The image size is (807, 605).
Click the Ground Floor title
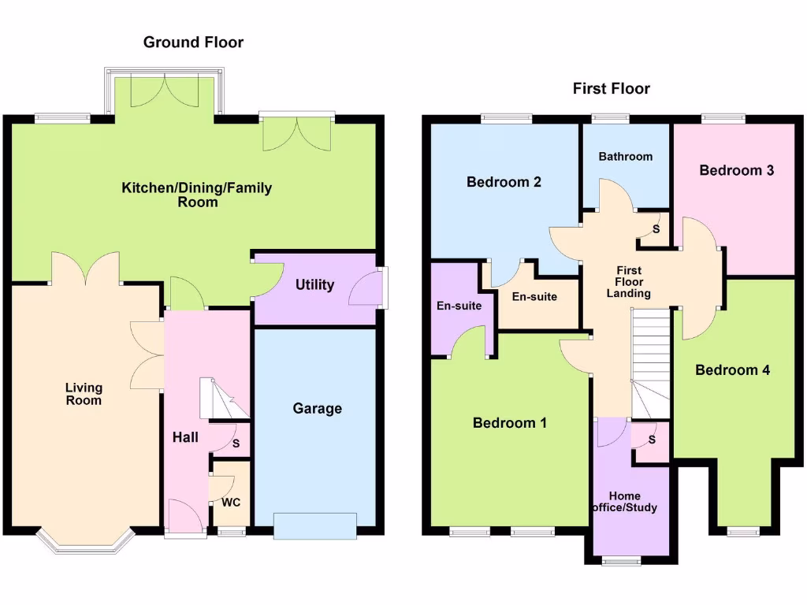click(x=193, y=43)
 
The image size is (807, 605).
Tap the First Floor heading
click(x=611, y=88)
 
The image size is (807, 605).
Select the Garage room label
click(x=317, y=408)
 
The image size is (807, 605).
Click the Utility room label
click(x=314, y=284)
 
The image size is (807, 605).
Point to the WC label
click(x=231, y=502)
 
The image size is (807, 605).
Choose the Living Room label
click(x=84, y=394)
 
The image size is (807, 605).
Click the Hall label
click(x=186, y=437)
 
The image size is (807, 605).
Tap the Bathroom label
click(x=625, y=156)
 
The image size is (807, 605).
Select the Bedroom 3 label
click(x=736, y=169)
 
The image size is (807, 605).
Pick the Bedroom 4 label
click(x=732, y=369)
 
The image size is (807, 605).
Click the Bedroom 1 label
click(x=509, y=423)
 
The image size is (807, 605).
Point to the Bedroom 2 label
click(x=504, y=182)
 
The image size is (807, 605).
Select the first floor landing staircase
click(x=649, y=362)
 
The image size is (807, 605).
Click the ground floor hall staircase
click(x=222, y=399)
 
